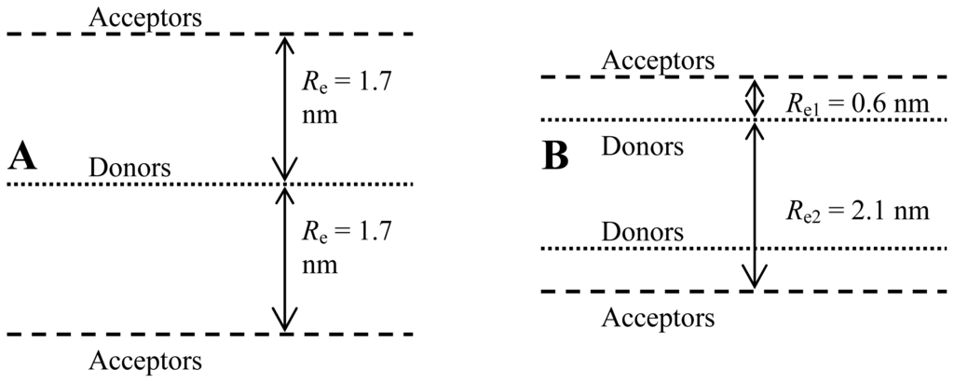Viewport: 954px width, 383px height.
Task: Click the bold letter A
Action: pyautogui.click(x=21, y=157)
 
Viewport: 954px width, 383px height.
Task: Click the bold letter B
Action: pyautogui.click(x=555, y=157)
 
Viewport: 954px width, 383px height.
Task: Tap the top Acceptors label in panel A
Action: pyautogui.click(x=144, y=17)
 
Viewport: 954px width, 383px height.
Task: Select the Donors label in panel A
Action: pyautogui.click(x=130, y=168)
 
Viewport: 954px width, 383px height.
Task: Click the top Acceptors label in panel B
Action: pyautogui.click(x=659, y=61)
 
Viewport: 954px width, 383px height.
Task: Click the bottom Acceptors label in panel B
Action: pyautogui.click(x=659, y=317)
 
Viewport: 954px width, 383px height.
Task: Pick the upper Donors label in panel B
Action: pyautogui.click(x=643, y=145)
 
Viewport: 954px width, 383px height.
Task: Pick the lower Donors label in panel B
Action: pyautogui.click(x=643, y=231)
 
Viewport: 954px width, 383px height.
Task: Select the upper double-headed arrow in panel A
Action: pyautogui.click(x=285, y=108)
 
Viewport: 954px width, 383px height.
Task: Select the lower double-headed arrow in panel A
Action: pyautogui.click(x=285, y=259)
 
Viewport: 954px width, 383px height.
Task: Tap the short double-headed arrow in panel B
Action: pyautogui.click(x=755, y=98)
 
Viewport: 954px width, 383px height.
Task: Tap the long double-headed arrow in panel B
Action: pyautogui.click(x=755, y=205)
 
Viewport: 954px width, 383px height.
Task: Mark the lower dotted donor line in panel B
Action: pyautogui.click(x=652, y=248)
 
